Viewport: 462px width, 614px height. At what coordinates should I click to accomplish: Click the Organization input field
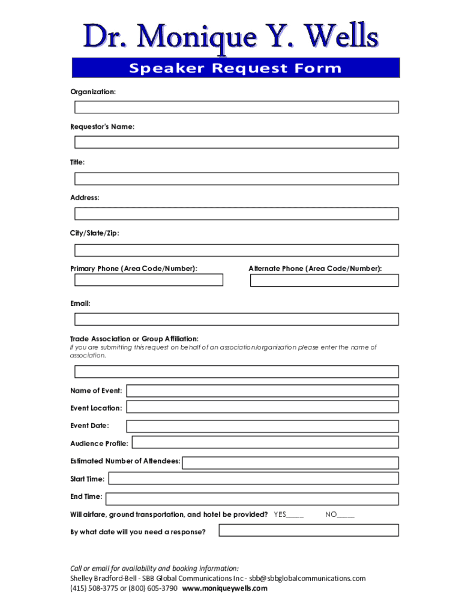pos(236,107)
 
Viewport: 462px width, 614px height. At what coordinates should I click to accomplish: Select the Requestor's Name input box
pos(236,143)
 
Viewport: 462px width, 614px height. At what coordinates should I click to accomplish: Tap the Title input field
pos(236,179)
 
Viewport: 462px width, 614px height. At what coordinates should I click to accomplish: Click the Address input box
pos(236,214)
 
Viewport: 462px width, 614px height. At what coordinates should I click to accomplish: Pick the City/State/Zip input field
pos(236,250)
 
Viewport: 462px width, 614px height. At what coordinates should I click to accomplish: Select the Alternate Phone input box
pos(324,280)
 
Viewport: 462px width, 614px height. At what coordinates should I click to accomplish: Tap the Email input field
pos(236,319)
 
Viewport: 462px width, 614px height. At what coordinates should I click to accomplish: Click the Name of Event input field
pos(262,391)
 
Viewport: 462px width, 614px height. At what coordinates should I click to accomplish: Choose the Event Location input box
pos(262,407)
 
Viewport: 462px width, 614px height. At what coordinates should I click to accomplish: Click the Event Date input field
pos(262,426)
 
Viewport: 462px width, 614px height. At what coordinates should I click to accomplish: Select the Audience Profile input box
pos(265,443)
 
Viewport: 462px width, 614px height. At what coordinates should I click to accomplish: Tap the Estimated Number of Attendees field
pos(290,463)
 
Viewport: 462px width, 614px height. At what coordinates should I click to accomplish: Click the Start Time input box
pos(253,478)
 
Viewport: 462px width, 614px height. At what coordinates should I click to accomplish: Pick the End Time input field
pos(252,499)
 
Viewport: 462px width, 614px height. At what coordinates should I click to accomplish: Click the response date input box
pos(308,531)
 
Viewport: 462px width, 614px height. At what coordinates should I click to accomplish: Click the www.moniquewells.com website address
pos(224,588)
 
